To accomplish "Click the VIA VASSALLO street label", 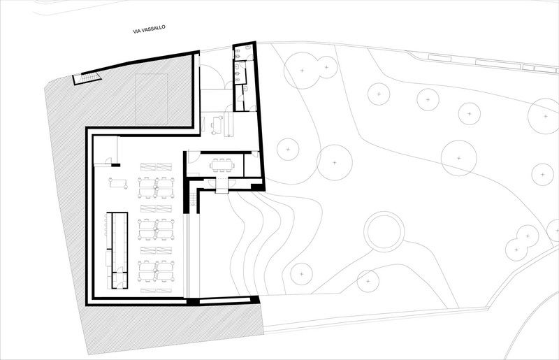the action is point(149,29).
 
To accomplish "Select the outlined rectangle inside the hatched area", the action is point(152,99).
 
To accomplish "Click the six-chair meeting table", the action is point(222,165).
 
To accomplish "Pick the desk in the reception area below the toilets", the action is point(217,125).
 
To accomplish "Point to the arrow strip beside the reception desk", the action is point(228,124).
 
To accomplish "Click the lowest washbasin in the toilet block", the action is point(253,108).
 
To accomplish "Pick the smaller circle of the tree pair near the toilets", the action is point(326,67).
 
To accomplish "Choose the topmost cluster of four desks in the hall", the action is point(156,187).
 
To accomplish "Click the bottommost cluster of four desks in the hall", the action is point(156,271).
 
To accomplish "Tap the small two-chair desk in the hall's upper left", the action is point(118,183).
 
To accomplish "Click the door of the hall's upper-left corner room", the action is point(108,161).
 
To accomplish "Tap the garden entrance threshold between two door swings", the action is point(222,185).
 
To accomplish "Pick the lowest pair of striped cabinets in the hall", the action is point(156,291).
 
